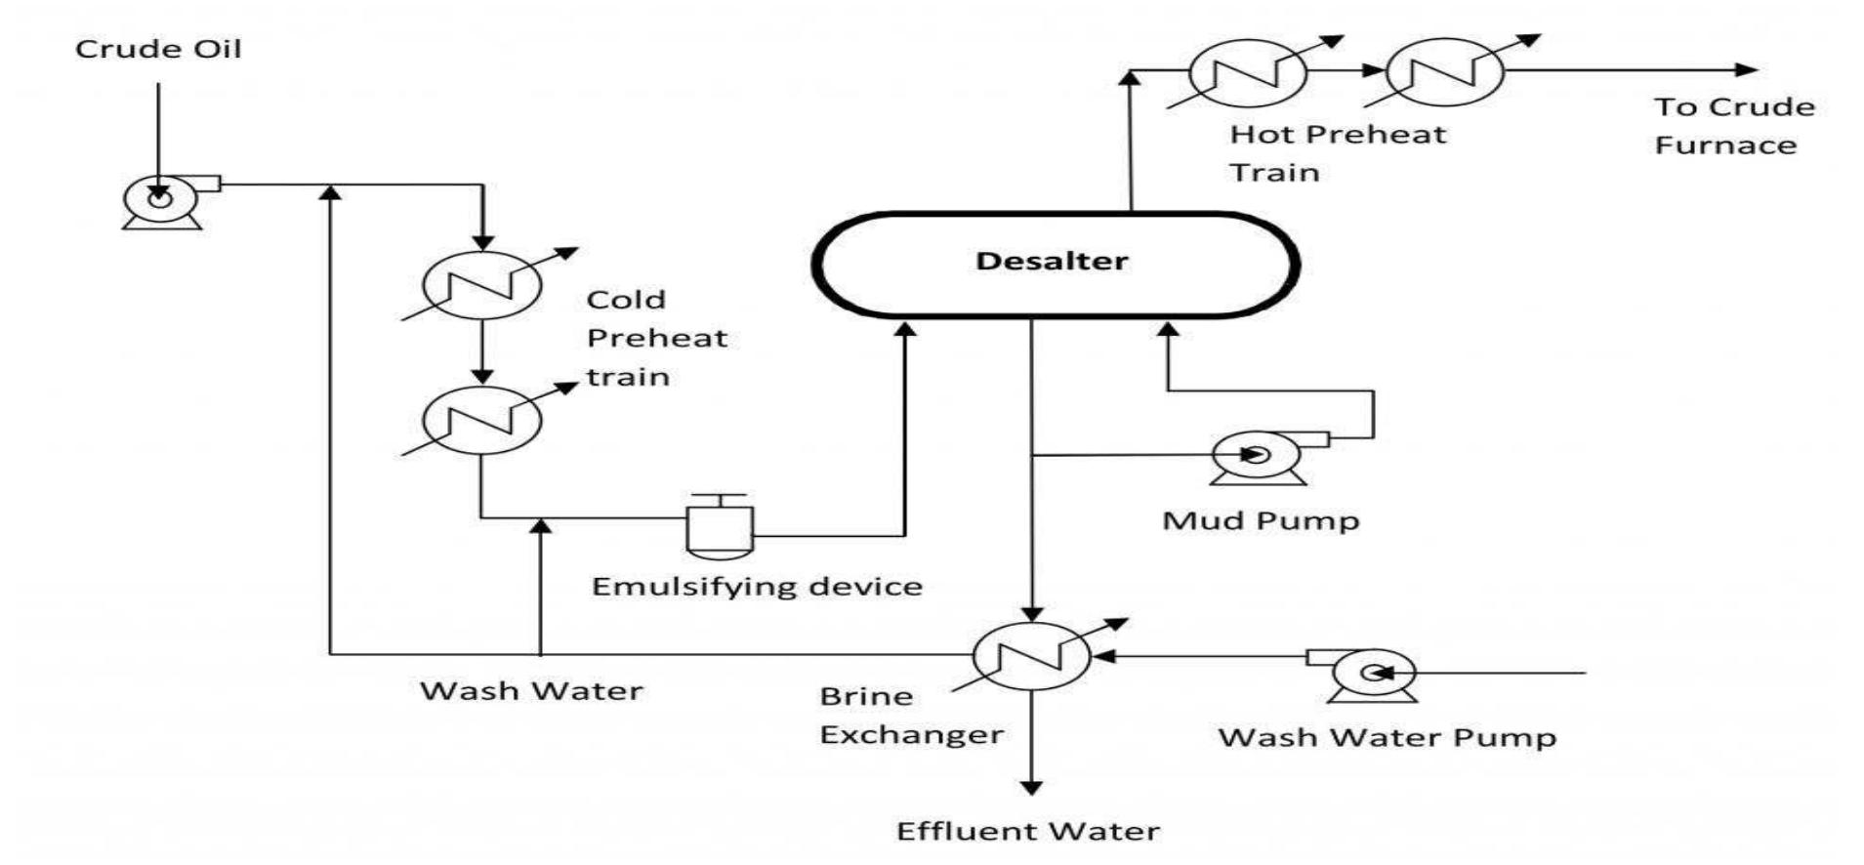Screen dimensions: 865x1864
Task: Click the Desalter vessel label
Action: pos(1052,262)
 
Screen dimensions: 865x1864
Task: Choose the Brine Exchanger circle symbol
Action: pos(1032,656)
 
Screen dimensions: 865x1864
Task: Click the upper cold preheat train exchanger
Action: pos(481,284)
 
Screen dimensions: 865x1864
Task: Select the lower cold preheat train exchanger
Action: pos(481,419)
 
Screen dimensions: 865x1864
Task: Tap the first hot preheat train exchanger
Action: pos(1248,70)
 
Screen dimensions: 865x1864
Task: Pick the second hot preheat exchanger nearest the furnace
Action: pos(1444,70)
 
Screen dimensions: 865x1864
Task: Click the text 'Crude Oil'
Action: pos(158,49)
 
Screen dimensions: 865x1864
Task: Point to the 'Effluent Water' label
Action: pos(1028,832)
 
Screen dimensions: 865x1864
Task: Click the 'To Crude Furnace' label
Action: pos(1733,126)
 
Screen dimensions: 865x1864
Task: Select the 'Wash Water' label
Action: pos(531,691)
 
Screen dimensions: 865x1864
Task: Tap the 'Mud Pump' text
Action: pos(1261,520)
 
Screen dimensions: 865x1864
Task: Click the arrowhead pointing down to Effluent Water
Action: pos(1031,787)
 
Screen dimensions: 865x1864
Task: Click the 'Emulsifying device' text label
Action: pos(757,587)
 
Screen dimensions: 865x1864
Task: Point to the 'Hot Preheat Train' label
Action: pos(1336,153)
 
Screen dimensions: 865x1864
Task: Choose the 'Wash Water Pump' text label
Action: pos(1387,737)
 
